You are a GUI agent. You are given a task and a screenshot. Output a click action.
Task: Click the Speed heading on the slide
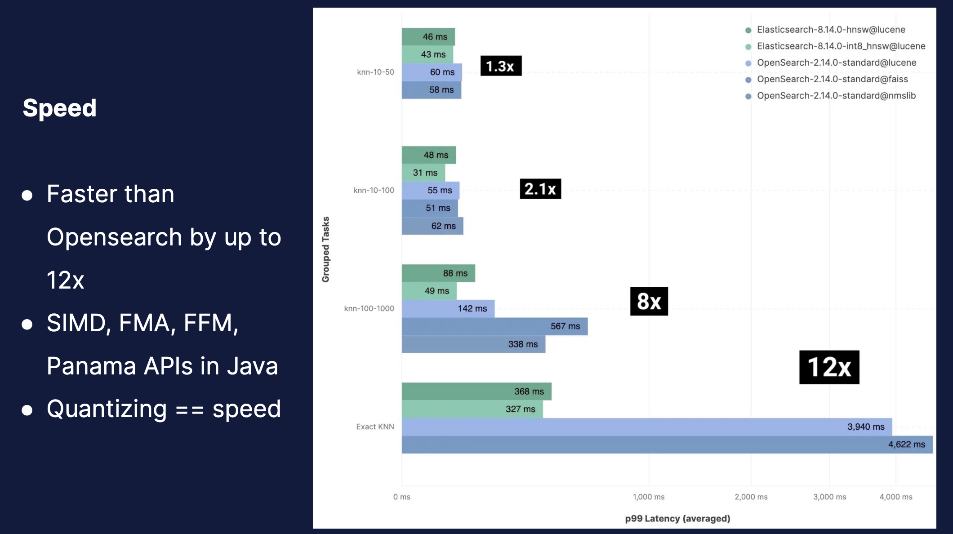60,108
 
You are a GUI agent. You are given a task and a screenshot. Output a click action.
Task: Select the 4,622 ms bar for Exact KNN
667,445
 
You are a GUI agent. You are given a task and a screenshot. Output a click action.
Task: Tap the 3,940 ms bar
646,427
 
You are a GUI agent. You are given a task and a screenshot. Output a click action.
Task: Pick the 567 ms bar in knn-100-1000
494,326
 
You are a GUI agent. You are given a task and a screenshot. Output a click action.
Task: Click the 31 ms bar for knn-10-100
423,173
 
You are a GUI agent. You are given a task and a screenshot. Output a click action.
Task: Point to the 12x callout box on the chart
829,367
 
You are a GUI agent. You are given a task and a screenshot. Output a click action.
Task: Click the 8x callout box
649,301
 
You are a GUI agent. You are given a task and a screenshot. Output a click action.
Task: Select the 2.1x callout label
540,189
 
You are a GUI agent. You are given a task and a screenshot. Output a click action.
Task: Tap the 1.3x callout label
501,66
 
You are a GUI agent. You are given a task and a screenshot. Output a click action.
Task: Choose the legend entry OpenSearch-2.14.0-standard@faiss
832,79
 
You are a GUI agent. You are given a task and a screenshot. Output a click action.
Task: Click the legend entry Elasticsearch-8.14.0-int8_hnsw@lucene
841,46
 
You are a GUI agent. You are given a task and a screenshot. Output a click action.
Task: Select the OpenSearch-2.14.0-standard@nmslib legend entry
836,96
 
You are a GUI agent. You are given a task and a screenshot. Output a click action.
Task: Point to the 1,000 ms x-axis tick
648,497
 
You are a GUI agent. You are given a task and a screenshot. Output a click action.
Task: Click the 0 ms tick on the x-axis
401,497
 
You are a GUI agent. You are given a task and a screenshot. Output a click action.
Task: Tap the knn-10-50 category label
375,72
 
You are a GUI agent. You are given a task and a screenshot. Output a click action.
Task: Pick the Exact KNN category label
375,427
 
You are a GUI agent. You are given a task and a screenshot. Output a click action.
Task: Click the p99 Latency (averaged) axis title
677,518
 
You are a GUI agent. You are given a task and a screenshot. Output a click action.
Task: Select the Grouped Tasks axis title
326,249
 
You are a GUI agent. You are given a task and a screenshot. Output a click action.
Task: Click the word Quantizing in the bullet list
107,409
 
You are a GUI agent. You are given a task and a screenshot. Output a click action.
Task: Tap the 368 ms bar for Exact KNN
476,392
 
